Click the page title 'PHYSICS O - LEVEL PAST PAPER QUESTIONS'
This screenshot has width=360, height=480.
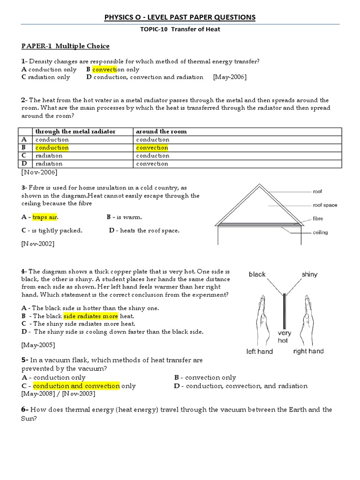tap(180, 17)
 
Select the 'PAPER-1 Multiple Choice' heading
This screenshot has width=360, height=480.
tap(65, 46)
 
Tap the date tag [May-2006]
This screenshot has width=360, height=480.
tap(229, 77)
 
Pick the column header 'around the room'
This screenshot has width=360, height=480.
tap(161, 132)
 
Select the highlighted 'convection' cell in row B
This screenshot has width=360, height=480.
tap(152, 148)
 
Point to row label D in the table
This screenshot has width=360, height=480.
tap(24, 164)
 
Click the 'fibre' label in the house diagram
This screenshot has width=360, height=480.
tap(318, 219)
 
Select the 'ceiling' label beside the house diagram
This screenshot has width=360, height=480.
tap(320, 232)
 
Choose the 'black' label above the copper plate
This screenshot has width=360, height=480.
tap(257, 275)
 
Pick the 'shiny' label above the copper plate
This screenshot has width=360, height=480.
tap(309, 275)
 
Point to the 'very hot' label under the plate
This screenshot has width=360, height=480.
tap(284, 337)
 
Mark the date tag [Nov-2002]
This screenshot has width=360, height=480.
tap(37, 244)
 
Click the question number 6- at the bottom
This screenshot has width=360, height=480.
tap(25, 409)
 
